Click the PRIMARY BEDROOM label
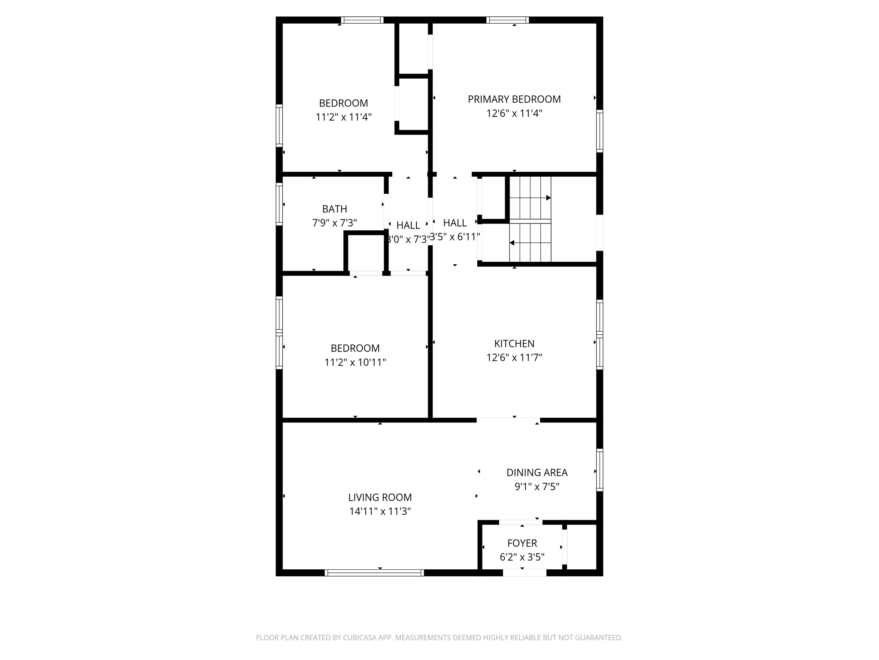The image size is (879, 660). pos(514,99)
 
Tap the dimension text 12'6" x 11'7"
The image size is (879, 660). pos(514,357)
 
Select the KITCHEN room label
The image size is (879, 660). pos(514,343)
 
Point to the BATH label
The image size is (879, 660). pos(334,209)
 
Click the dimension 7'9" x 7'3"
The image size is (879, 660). pos(334,223)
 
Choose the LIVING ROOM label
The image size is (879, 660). pos(379,497)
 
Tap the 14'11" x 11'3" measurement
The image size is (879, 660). pos(379,511)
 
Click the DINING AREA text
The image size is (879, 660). pos(536,472)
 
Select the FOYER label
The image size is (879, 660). pos(522,543)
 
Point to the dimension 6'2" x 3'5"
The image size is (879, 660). pos(522,557)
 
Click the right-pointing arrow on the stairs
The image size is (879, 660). pos(548,198)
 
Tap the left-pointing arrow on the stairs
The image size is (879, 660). pos(512,243)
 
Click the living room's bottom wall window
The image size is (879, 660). pos(374,572)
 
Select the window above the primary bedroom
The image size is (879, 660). pos(507,20)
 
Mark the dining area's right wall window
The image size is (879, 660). pos(600,470)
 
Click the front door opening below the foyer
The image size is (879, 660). pos(524,572)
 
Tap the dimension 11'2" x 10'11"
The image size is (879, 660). pos(355,362)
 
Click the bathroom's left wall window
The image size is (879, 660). pos(279,204)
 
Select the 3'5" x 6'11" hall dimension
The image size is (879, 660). pos(455,237)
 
